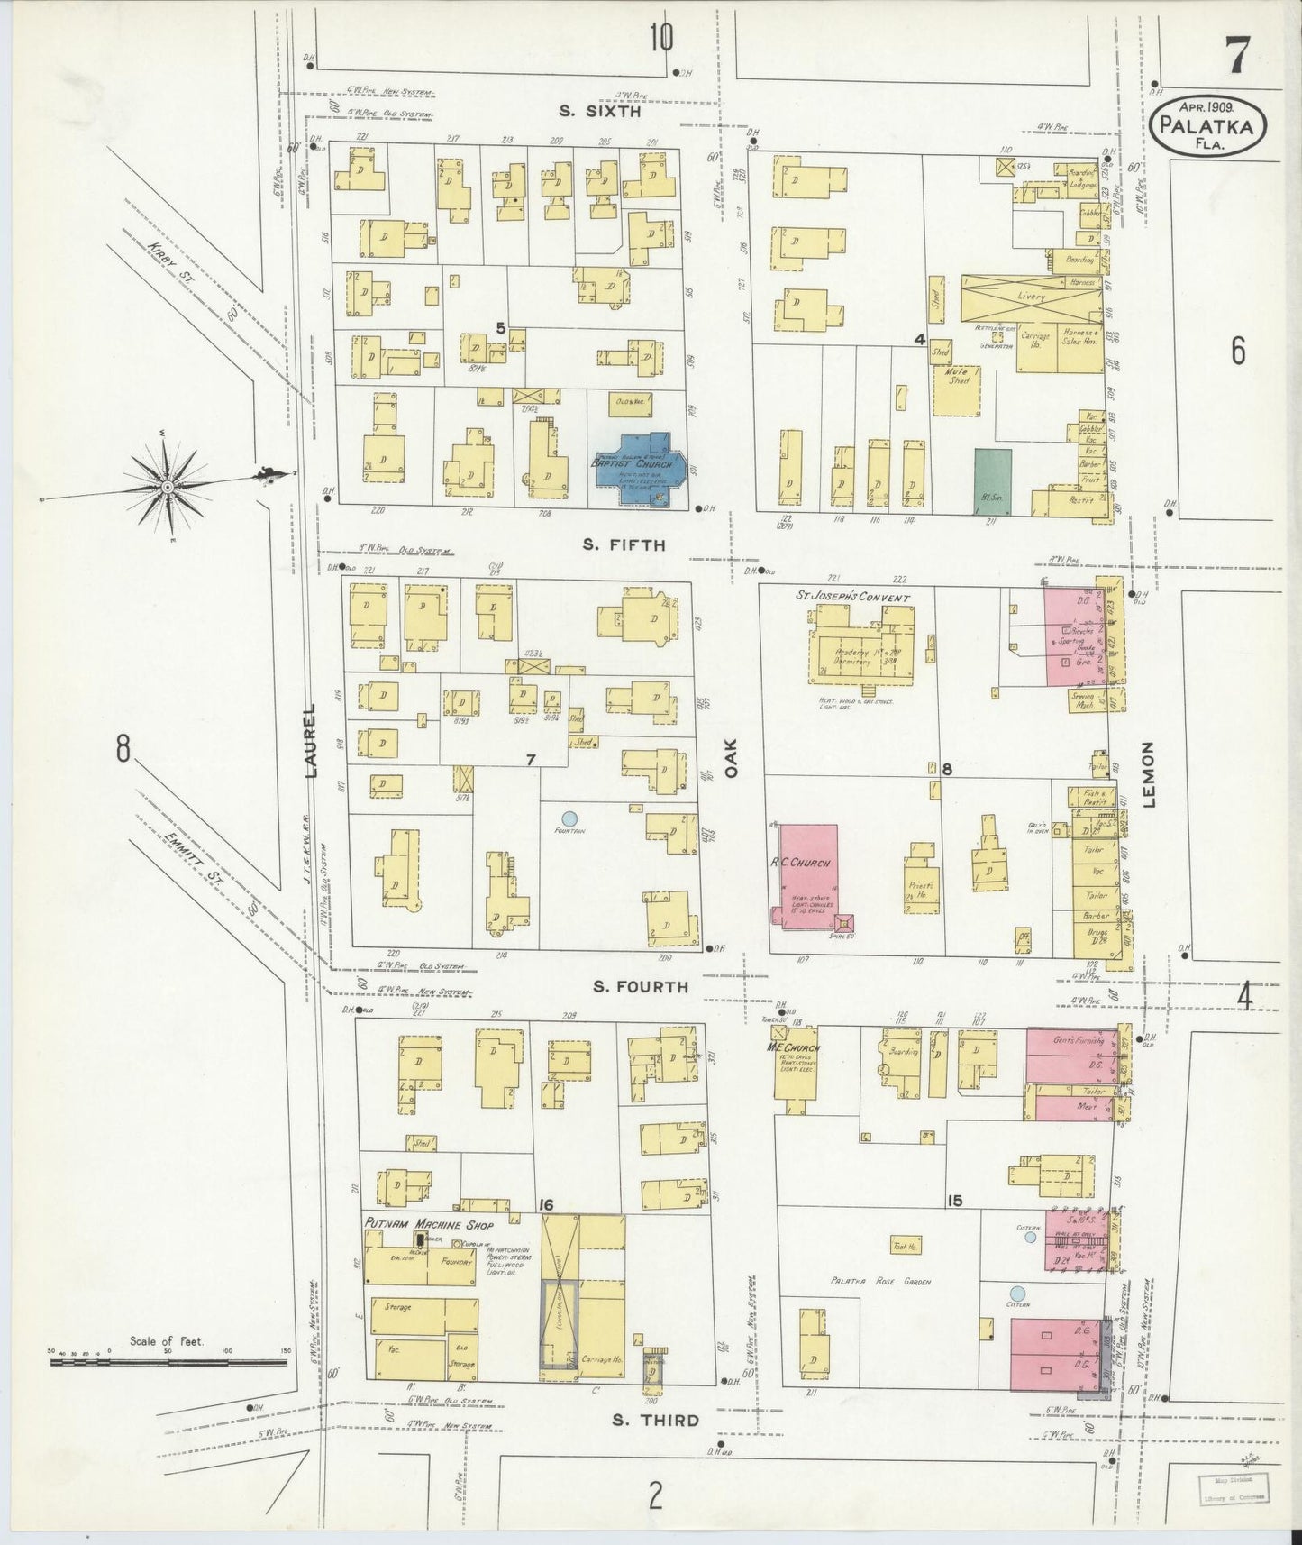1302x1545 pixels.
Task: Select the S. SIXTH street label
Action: [x=599, y=112]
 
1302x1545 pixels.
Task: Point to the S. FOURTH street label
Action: [x=641, y=987]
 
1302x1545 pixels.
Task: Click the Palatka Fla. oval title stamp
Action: [x=1206, y=129]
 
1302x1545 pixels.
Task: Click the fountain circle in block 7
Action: [x=569, y=818]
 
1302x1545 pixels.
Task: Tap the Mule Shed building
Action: [x=956, y=390]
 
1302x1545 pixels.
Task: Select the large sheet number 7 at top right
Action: [x=1236, y=57]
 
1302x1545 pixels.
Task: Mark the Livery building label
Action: [x=1031, y=296]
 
